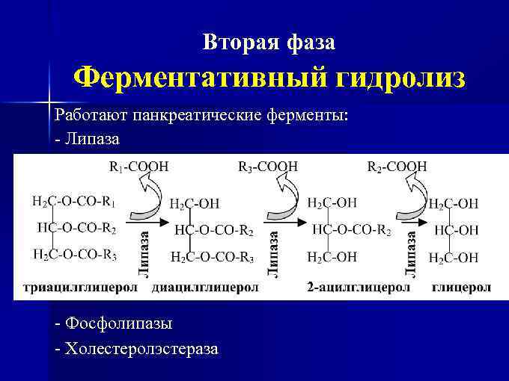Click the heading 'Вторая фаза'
click(269, 43)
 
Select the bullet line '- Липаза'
click(87, 139)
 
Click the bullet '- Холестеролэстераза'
click(137, 348)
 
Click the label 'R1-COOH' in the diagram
click(139, 167)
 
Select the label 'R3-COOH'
click(268, 167)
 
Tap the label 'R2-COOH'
click(397, 167)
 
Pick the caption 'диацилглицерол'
click(205, 287)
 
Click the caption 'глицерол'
click(462, 287)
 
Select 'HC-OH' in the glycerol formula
click(456, 230)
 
